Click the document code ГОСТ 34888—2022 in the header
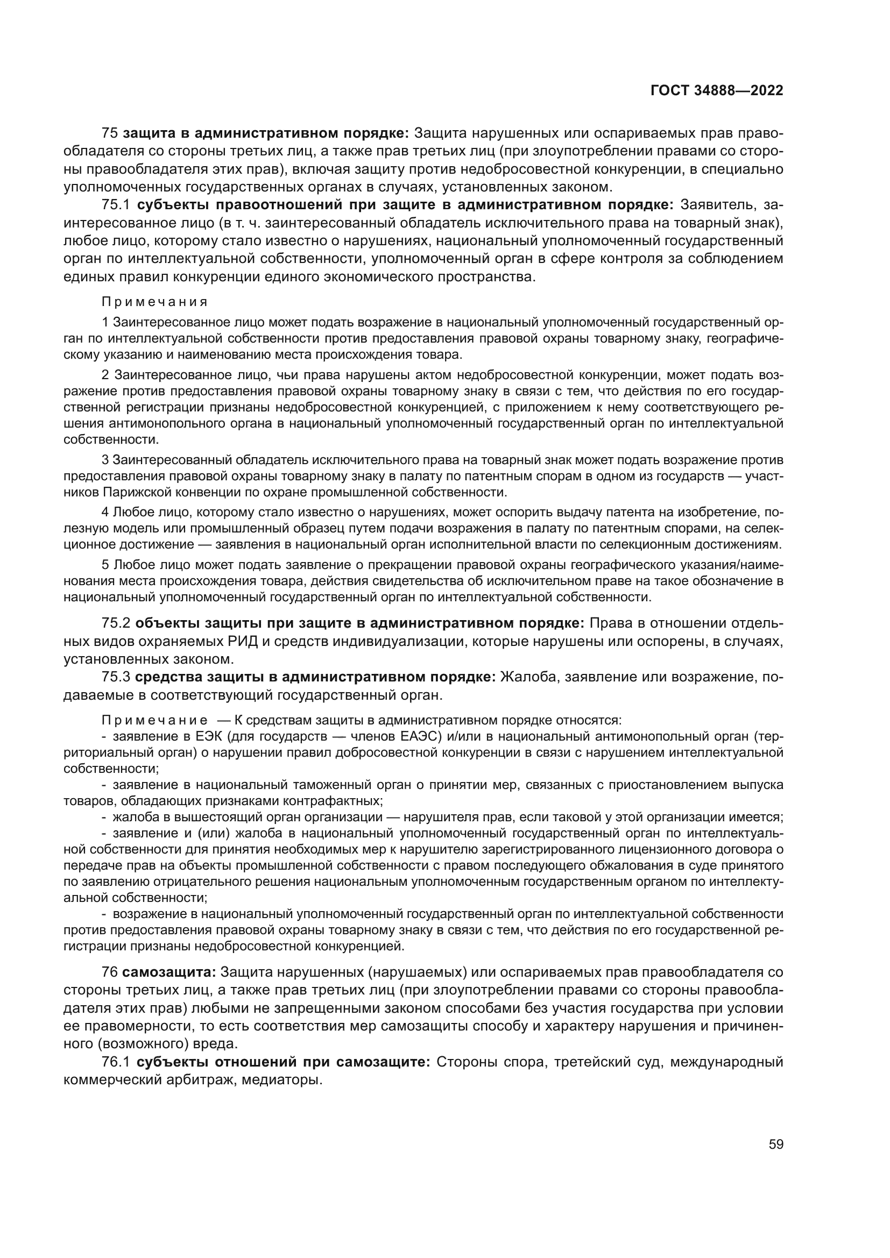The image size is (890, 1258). [717, 91]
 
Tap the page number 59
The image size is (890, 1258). [775, 1144]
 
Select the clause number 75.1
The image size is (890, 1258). [116, 205]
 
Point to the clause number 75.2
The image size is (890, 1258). [116, 623]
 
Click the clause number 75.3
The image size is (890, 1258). [116, 677]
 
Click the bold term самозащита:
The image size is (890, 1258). [169, 972]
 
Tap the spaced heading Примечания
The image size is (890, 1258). [154, 302]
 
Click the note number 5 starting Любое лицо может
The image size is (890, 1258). [105, 565]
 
